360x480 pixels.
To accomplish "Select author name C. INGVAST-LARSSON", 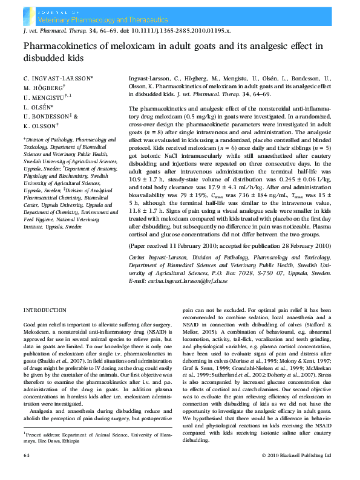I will pos(57,79).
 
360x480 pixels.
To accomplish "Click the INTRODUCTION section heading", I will pos(45,310).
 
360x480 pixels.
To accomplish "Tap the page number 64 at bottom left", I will pos(27,471).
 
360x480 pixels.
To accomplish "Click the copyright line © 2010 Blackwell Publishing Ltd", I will pos(296,471).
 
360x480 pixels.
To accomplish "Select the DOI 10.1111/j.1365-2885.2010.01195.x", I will pos(182,29).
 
